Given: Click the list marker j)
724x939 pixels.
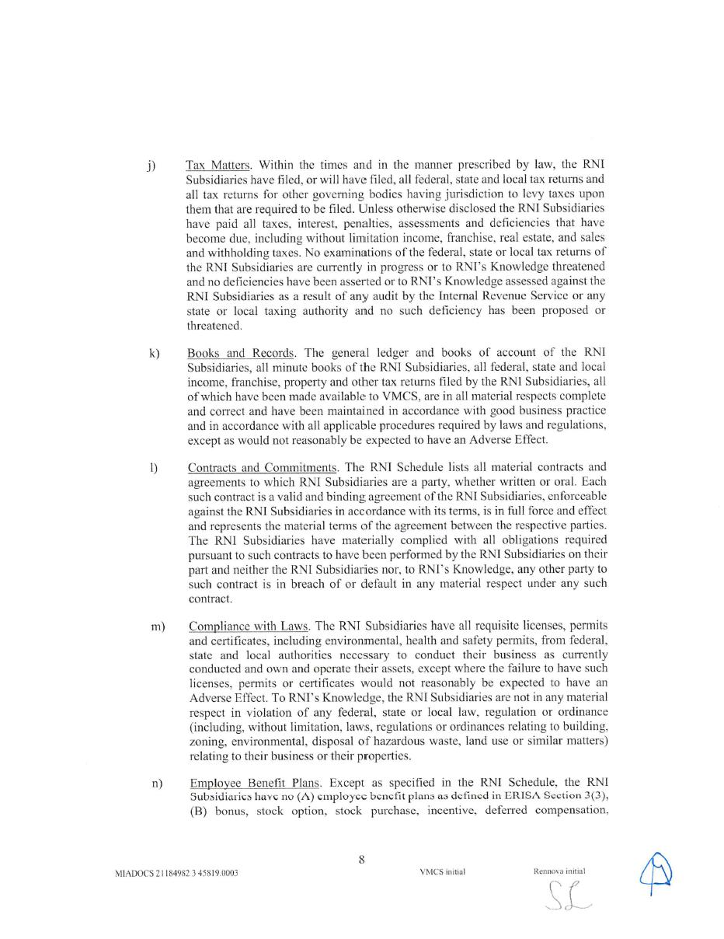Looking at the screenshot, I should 151,166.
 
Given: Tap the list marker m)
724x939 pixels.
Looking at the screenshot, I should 158,627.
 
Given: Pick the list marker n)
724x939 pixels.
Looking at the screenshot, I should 158,783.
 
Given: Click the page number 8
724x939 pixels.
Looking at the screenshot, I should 362,859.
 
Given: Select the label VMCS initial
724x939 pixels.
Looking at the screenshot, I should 442,872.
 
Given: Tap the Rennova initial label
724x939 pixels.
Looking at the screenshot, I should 559,871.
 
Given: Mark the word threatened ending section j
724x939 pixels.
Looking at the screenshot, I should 214,326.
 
